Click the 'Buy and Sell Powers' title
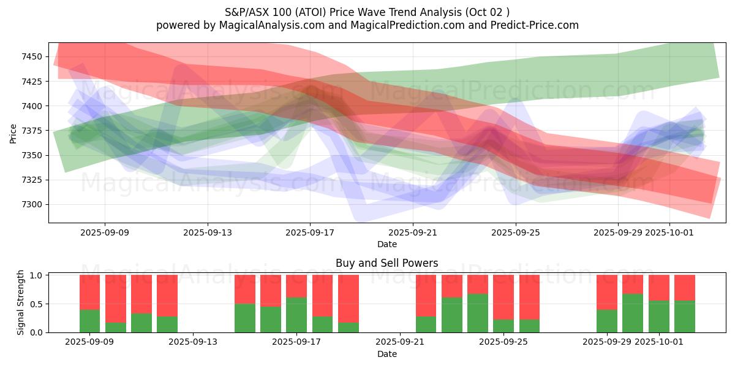point(386,263)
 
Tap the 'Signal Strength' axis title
point(21,302)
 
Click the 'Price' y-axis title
point(13,132)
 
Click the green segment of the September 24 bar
point(478,313)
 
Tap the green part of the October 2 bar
point(685,316)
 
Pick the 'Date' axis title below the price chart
point(386,244)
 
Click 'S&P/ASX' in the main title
point(245,12)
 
